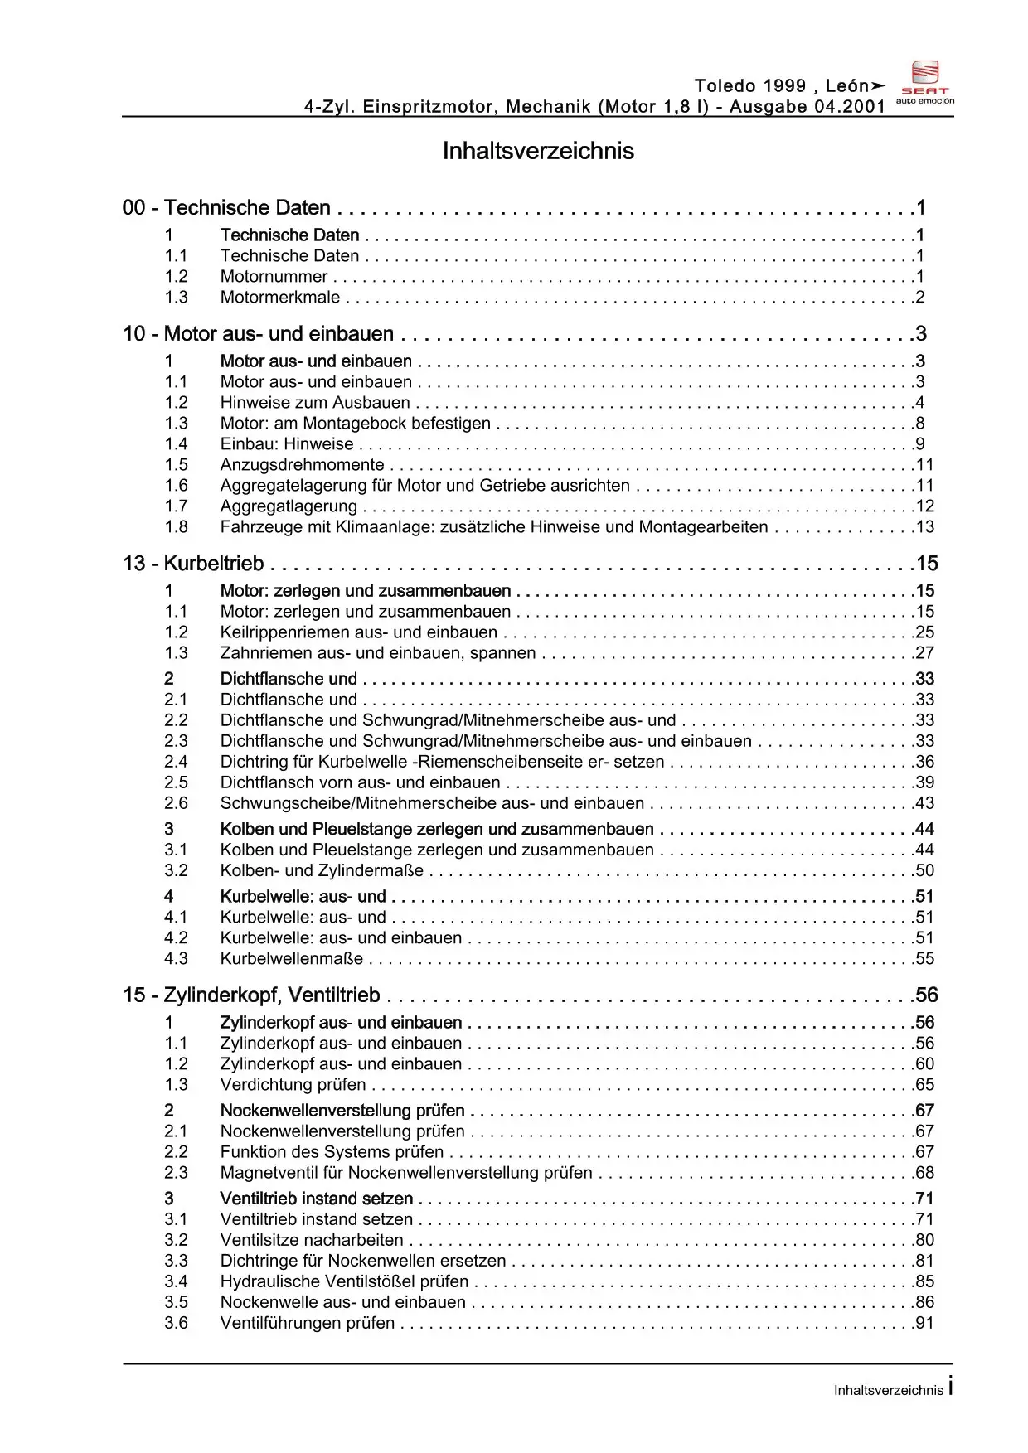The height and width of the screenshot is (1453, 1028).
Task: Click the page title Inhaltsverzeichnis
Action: [x=538, y=151]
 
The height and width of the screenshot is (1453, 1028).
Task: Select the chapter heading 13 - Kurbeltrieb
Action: [x=193, y=564]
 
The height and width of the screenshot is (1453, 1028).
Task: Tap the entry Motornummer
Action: [x=274, y=277]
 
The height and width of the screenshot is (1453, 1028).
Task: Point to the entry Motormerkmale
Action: [x=279, y=298]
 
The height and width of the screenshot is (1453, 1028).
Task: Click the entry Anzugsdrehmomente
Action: [x=302, y=465]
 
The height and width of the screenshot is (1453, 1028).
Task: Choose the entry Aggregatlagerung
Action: [x=289, y=506]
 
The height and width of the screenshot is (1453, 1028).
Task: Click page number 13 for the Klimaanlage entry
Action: [x=924, y=527]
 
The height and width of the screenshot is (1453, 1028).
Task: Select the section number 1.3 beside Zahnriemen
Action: [x=176, y=653]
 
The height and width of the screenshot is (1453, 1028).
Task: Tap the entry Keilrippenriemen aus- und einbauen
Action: [x=358, y=632]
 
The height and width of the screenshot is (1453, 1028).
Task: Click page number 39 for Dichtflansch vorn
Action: [x=924, y=782]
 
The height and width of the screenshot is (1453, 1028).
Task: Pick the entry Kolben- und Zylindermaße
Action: [x=322, y=871]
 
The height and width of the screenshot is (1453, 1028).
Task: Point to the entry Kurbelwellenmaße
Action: [x=291, y=959]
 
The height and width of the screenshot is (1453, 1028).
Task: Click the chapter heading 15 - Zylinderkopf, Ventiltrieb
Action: [x=251, y=995]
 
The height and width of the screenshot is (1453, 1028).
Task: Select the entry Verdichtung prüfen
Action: [x=293, y=1085]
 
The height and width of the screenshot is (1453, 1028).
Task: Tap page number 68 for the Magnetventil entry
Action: [x=924, y=1173]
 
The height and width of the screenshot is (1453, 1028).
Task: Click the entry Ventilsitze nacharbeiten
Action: [x=312, y=1240]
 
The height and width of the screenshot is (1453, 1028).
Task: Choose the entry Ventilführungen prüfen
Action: [x=308, y=1323]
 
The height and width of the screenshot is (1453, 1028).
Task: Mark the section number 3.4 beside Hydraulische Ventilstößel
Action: [x=176, y=1281]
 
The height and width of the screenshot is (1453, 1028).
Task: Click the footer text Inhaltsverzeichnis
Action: [x=888, y=1390]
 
